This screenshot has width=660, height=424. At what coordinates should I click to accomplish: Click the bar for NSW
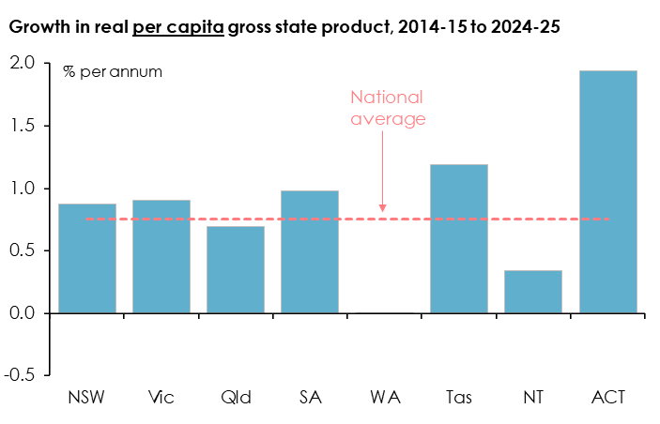point(87,258)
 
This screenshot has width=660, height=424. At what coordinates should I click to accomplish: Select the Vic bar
point(161,256)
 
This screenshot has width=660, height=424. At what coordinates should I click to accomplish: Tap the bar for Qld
point(236,269)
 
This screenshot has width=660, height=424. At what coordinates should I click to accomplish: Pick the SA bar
point(310,251)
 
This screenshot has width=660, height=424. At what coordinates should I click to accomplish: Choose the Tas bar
point(459,238)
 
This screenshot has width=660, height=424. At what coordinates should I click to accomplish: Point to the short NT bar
point(533,292)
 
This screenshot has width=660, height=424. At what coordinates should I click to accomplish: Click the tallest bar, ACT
point(607,191)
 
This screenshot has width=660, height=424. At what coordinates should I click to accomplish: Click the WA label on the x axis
point(384,397)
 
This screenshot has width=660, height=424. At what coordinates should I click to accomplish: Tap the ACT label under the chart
point(608,397)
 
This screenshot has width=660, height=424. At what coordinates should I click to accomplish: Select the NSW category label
point(87,397)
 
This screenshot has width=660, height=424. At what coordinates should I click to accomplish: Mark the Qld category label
point(236,397)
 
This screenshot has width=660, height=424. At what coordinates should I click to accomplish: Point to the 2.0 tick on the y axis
point(23,64)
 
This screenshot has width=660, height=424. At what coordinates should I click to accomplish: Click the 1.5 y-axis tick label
point(23,126)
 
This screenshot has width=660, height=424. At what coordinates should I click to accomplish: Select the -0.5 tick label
point(21,374)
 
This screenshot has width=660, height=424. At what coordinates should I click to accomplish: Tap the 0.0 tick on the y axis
point(23,312)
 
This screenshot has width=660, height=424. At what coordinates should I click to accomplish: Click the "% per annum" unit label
point(113,71)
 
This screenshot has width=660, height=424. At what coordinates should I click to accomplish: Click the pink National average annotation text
point(387,108)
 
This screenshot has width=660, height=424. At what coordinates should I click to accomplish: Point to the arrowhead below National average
point(383,208)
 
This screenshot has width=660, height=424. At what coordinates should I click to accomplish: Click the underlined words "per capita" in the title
point(179,27)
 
